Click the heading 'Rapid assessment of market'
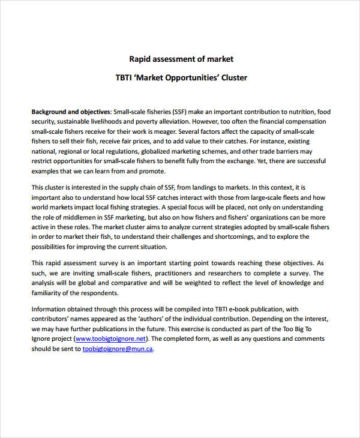tap(181, 59)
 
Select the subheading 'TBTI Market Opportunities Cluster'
tap(181, 78)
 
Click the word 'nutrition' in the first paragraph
tap(298, 112)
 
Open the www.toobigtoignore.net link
tap(113, 338)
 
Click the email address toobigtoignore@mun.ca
tap(118, 349)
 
